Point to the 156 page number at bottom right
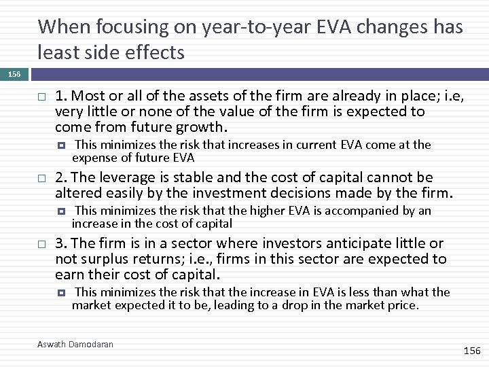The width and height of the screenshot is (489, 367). pos(471,351)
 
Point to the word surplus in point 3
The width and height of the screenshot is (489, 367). pos(99,259)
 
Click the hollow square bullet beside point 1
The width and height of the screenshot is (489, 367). pos(41,97)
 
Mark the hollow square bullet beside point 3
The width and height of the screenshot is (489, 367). pos(41,244)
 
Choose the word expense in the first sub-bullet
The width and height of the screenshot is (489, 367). pos(94,158)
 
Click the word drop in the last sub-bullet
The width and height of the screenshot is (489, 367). pos(297,305)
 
